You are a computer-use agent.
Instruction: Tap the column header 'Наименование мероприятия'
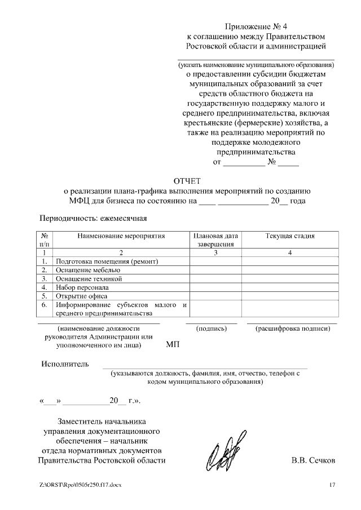tap(121, 236)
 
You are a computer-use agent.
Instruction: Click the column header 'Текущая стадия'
tap(290, 236)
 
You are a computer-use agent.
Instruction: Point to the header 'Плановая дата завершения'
tap(215, 240)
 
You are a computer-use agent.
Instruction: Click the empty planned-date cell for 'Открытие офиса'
tap(215, 295)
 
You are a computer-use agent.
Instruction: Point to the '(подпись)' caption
tap(211, 327)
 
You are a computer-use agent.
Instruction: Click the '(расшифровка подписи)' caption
tap(292, 327)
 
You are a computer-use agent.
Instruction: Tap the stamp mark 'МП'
tap(173, 344)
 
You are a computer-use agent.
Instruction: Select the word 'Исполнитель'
tap(65, 363)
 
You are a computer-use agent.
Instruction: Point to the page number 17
tap(332, 485)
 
